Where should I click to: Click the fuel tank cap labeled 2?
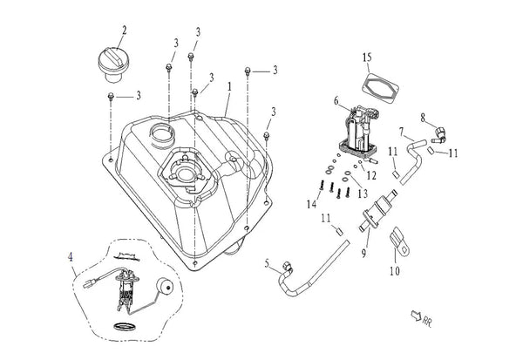(113, 65)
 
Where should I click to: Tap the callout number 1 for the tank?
(229, 87)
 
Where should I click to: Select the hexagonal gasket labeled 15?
(380, 87)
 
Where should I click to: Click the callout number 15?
(367, 58)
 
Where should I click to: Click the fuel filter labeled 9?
(378, 210)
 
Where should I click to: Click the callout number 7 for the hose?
(402, 132)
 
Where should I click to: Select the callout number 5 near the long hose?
(267, 263)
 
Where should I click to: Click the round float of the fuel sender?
(164, 287)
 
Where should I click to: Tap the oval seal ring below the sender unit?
(124, 326)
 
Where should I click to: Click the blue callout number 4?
(71, 257)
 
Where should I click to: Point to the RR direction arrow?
(416, 315)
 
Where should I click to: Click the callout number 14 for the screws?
(311, 204)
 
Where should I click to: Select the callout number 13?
(363, 194)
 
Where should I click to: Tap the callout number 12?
(371, 175)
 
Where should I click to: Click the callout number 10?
(395, 270)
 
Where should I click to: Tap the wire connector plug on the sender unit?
(87, 285)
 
